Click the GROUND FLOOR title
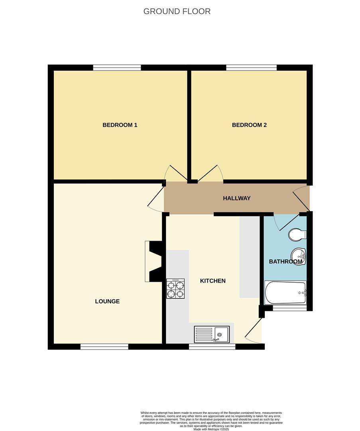tap(177, 11)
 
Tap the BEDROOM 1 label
tap(120, 125)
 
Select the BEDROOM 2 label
tap(249, 125)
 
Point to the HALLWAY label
tap(236, 198)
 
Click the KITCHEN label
tap(212, 281)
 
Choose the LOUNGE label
tap(107, 301)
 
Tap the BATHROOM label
tap(285, 262)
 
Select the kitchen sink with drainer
tap(212, 334)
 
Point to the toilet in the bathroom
tap(297, 235)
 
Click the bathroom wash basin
tap(298, 256)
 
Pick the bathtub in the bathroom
tap(285, 293)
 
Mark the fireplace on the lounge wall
tap(154, 262)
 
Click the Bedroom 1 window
tap(117, 67)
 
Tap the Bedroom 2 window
tap(251, 67)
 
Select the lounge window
tap(104, 346)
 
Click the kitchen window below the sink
tap(212, 346)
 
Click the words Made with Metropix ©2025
tap(212, 429)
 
